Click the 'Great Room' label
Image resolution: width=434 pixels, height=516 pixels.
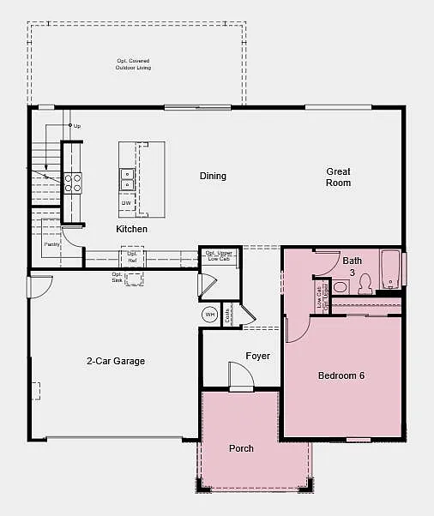pyautogui.click(x=338, y=177)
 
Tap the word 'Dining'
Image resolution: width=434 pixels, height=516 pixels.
pyautogui.click(x=213, y=176)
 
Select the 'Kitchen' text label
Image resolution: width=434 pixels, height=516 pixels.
pyautogui.click(x=131, y=229)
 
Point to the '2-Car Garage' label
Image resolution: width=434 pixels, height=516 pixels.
pyautogui.click(x=116, y=361)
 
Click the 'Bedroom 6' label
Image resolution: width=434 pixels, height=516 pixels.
pyautogui.click(x=342, y=375)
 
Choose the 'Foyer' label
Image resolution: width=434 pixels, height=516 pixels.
pyautogui.click(x=257, y=356)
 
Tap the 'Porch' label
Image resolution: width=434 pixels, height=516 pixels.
pyautogui.click(x=241, y=448)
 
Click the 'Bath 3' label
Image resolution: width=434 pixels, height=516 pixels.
pyautogui.click(x=353, y=265)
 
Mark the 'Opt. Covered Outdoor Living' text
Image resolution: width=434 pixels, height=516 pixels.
pyautogui.click(x=133, y=64)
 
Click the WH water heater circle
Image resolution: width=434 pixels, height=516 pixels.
pyautogui.click(x=210, y=315)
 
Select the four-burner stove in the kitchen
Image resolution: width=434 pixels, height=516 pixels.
pyautogui.click(x=73, y=183)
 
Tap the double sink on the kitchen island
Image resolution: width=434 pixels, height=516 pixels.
pyautogui.click(x=126, y=178)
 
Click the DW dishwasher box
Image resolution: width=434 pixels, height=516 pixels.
pyautogui.click(x=125, y=205)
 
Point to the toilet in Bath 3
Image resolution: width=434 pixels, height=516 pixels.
pyautogui.click(x=365, y=283)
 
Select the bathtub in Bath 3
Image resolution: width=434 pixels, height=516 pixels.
pyautogui.click(x=390, y=269)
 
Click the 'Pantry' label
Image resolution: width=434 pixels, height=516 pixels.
pyautogui.click(x=52, y=244)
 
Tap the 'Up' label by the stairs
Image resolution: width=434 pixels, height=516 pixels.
pyautogui.click(x=77, y=126)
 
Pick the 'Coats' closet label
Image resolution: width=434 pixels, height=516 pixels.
pyautogui.click(x=228, y=315)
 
